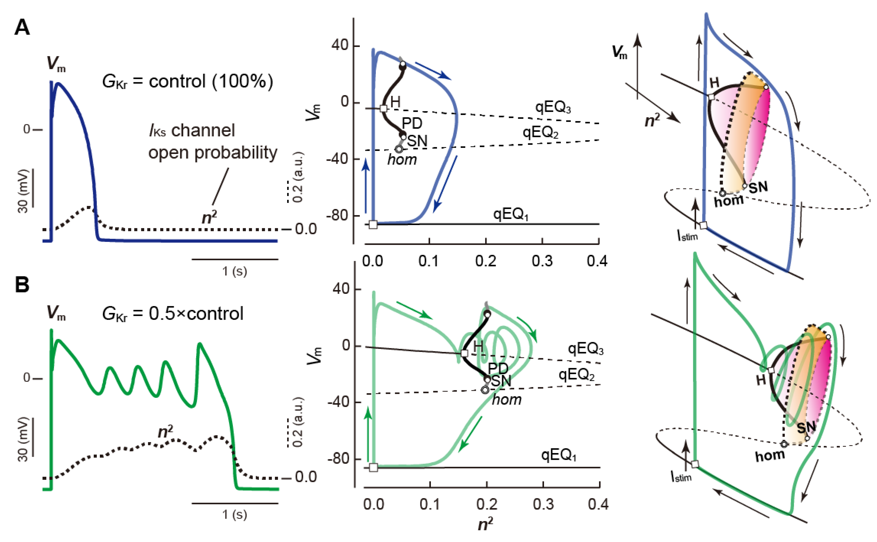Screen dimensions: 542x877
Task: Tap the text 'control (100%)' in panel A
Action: tap(211, 82)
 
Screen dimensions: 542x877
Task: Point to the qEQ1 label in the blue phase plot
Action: tap(510, 214)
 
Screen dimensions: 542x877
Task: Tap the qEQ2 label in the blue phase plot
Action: tap(540, 133)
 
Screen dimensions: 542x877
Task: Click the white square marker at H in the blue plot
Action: tap(383, 108)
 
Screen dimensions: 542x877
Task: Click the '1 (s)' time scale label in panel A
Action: tap(234, 271)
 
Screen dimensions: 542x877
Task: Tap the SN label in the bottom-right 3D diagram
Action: tap(806, 427)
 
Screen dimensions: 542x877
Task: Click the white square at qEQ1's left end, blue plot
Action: tap(373, 225)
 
